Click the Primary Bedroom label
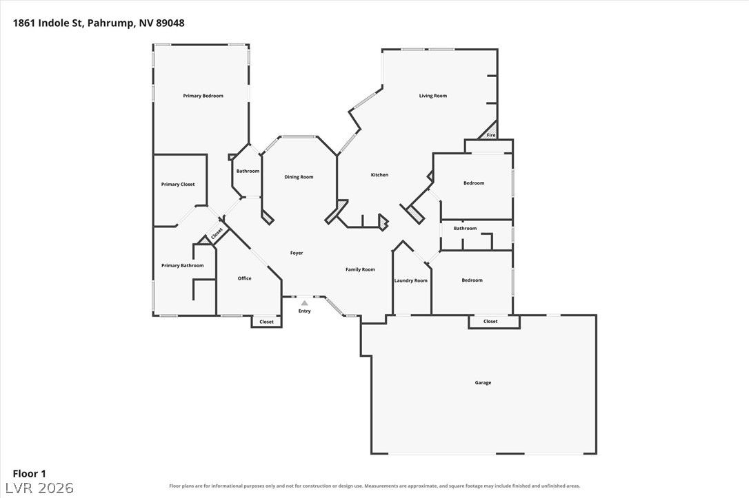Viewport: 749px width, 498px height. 203,96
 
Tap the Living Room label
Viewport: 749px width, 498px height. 433,96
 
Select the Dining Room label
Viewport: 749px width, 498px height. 299,177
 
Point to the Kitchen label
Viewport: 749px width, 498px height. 380,175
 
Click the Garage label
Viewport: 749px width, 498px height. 483,382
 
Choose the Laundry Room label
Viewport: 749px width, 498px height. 411,280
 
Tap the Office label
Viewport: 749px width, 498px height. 245,278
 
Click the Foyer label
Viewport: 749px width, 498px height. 297,253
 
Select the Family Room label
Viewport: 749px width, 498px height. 360,269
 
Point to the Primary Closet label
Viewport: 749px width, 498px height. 178,185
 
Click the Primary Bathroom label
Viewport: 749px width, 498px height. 183,266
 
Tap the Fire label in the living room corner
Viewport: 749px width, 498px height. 491,136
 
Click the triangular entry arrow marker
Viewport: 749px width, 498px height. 305,303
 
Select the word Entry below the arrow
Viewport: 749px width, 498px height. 305,311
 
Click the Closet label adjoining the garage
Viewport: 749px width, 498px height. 490,322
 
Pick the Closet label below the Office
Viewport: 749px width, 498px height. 266,322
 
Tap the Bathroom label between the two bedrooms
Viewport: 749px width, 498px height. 466,229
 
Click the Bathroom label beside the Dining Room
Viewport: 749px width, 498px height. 248,172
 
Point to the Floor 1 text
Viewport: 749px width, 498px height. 29,474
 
